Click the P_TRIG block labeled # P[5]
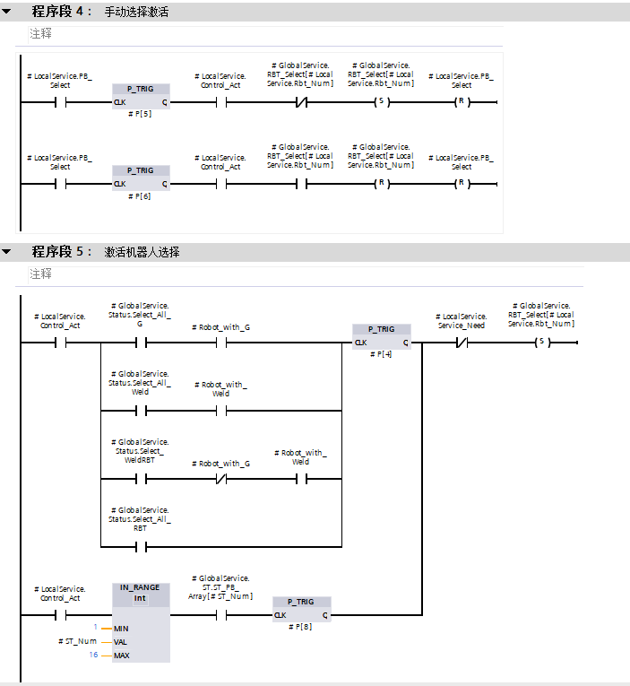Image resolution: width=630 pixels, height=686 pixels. click(x=140, y=96)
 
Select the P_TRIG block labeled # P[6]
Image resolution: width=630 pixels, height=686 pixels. click(x=140, y=178)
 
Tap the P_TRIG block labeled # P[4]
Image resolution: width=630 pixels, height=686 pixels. click(x=382, y=336)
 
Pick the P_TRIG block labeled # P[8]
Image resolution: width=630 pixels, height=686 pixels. click(x=301, y=609)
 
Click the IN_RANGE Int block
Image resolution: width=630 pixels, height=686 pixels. click(x=140, y=621)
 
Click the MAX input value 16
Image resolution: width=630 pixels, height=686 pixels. click(x=92, y=656)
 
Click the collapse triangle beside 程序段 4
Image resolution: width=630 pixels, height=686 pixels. click(x=7, y=13)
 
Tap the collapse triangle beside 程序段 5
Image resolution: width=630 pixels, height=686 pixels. click(x=7, y=252)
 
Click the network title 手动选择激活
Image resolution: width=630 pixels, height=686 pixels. click(x=136, y=13)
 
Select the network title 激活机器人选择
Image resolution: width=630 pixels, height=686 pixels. click(x=142, y=252)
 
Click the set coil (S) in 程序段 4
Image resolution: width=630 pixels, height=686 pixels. click(x=380, y=102)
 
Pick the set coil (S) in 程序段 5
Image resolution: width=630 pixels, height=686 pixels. click(x=540, y=343)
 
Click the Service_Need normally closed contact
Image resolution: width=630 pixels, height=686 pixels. click(x=462, y=343)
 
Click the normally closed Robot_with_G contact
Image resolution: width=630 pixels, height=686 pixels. click(x=220, y=479)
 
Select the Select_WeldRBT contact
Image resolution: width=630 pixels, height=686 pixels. click(x=140, y=479)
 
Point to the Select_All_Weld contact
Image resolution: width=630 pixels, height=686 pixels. click(x=140, y=411)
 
